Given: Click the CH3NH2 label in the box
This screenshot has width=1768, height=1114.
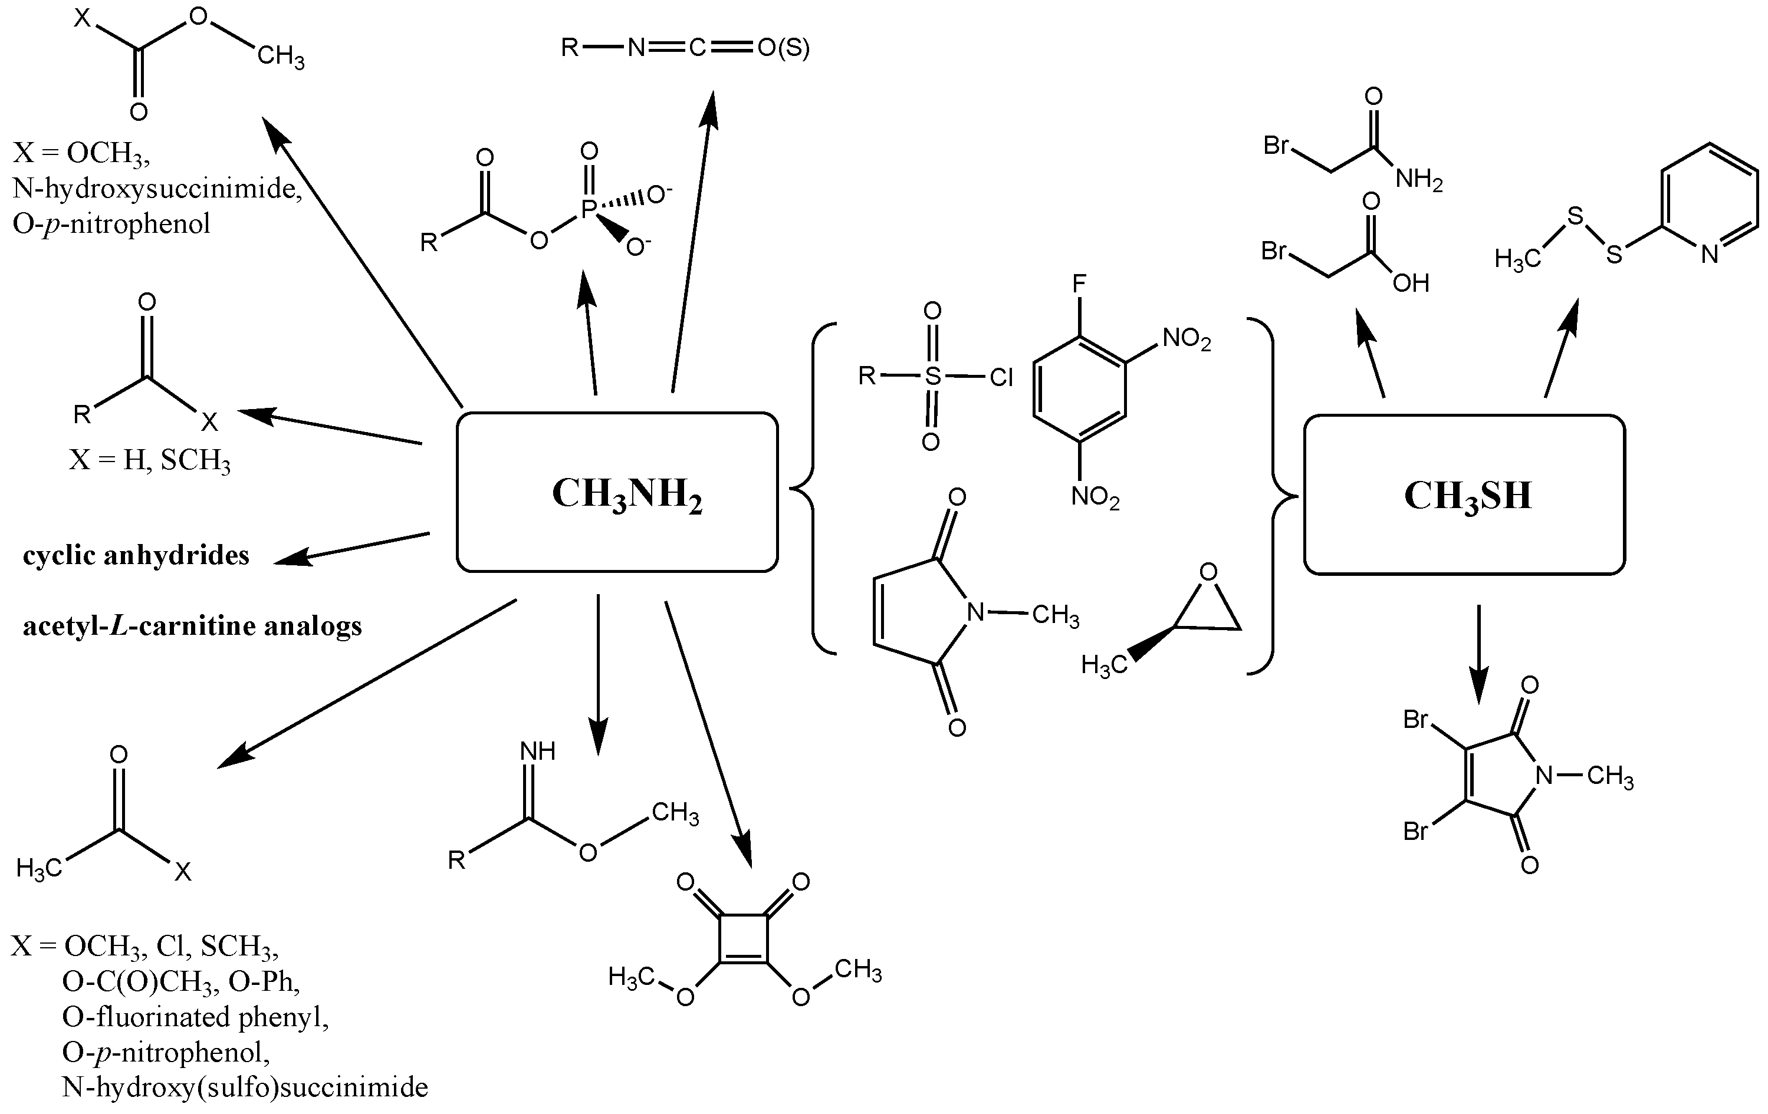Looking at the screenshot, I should [626, 494].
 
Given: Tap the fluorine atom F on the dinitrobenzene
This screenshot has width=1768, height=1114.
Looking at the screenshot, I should [1079, 284].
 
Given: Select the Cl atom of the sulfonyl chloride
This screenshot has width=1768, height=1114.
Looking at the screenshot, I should [1001, 377].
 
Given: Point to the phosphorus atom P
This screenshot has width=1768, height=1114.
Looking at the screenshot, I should [587, 210].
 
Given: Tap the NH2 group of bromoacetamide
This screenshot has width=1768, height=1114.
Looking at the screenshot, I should [1418, 179].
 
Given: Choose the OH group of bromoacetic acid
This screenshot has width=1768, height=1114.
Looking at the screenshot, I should [1411, 284].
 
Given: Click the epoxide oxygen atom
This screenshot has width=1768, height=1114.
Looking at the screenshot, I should [1208, 572].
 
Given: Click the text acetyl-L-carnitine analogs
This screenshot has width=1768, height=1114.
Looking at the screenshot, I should [192, 626].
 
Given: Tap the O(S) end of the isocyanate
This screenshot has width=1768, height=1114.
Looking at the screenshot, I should [783, 48].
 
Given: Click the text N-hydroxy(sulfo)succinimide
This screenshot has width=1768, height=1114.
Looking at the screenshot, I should [245, 1087].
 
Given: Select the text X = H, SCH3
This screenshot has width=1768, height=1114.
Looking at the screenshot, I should [150, 460].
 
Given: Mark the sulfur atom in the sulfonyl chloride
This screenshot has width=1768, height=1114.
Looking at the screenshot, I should [932, 377].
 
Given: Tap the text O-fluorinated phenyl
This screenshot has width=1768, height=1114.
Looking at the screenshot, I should [195, 1016].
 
